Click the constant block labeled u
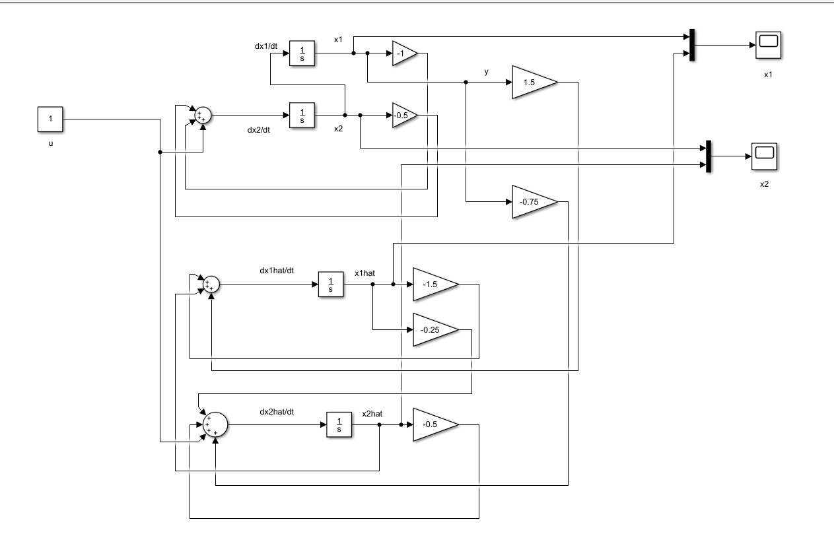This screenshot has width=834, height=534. [x=50, y=119]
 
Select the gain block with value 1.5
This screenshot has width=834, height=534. [x=532, y=82]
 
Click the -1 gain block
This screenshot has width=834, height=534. [x=403, y=54]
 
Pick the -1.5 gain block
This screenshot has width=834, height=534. [x=433, y=284]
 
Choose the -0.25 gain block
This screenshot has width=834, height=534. [x=433, y=329]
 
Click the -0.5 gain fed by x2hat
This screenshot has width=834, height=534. [x=433, y=425]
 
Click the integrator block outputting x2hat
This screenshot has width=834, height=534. [x=339, y=425]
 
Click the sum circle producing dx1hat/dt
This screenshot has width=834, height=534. [x=210, y=284]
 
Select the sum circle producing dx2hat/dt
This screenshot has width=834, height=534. [x=215, y=424]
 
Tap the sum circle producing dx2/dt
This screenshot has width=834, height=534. [x=201, y=116]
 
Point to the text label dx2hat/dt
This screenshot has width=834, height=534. [x=277, y=412]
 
